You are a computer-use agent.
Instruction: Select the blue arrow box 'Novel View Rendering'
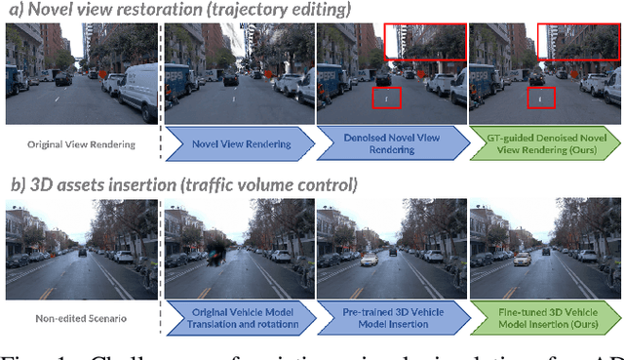(x=238, y=144)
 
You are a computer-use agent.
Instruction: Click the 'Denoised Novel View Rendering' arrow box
(x=390, y=144)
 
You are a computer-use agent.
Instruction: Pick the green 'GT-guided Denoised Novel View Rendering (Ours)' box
(x=543, y=144)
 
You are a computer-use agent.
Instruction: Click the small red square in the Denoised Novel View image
(x=388, y=98)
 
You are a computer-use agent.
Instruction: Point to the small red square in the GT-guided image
(x=540, y=98)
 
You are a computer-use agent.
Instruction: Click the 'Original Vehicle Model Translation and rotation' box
(x=238, y=318)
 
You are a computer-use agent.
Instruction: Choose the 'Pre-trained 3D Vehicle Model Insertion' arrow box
(x=390, y=318)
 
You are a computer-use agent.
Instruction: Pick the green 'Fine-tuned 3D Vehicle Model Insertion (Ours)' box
(x=543, y=318)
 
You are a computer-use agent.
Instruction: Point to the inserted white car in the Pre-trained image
(x=370, y=260)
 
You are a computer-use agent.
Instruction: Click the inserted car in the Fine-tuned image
(x=524, y=259)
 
